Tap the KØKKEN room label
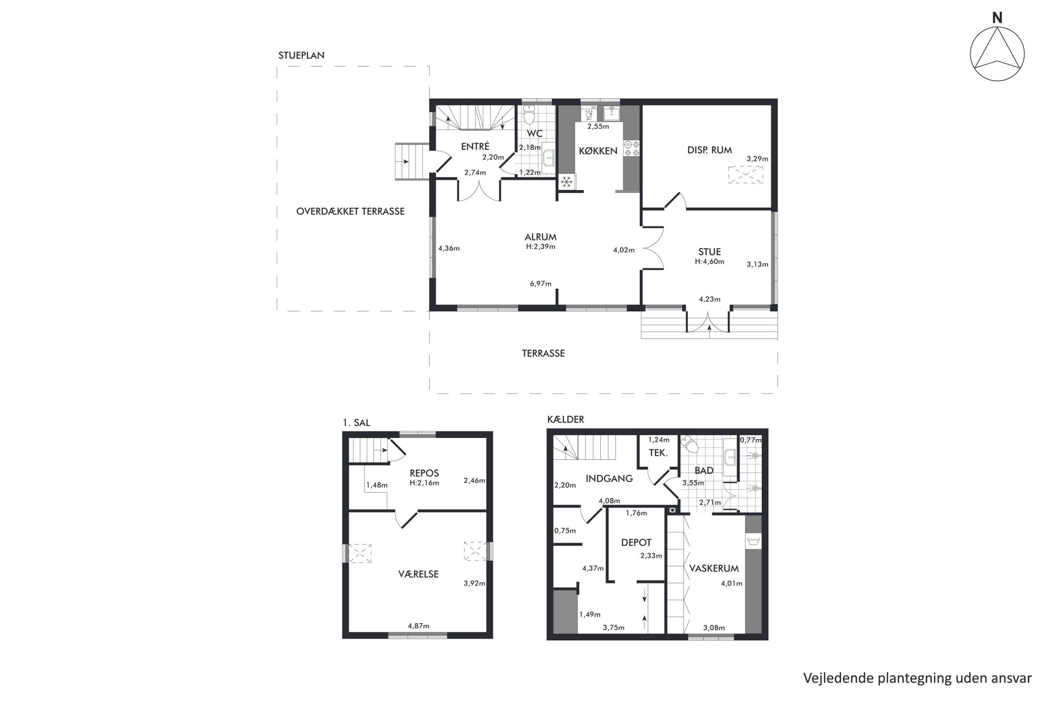click(x=598, y=151)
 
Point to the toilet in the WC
click(x=529, y=114)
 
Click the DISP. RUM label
click(x=709, y=150)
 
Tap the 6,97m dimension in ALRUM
click(x=541, y=284)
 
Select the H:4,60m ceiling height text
click(x=709, y=261)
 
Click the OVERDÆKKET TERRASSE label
click(x=350, y=211)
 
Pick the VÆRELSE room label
click(x=419, y=574)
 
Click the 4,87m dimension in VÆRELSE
click(x=419, y=626)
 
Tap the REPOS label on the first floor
click(x=424, y=473)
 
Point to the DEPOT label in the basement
click(x=636, y=543)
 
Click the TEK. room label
click(x=658, y=453)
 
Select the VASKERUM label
click(x=714, y=569)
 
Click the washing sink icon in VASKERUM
click(x=753, y=541)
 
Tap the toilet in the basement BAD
click(x=690, y=445)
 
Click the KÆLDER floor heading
click(x=565, y=420)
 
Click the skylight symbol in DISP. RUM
click(x=745, y=175)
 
